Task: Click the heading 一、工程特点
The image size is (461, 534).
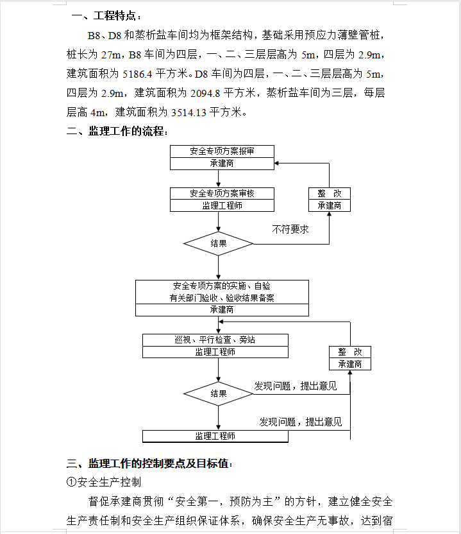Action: click(x=106, y=15)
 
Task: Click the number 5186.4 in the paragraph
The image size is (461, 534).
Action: click(x=137, y=74)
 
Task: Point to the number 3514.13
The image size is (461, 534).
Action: click(x=189, y=112)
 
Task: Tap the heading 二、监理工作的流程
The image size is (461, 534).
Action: click(x=117, y=131)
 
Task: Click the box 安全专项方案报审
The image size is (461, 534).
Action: click(x=222, y=151)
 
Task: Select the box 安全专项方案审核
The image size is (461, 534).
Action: click(x=222, y=193)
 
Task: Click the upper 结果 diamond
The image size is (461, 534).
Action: click(x=218, y=243)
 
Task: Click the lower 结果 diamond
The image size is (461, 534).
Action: click(x=218, y=393)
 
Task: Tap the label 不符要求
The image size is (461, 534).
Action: click(x=290, y=229)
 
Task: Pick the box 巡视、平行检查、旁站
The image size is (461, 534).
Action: click(x=215, y=340)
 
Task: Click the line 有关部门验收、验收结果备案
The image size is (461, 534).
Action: click(x=222, y=298)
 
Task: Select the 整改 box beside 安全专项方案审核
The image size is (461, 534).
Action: click(x=330, y=200)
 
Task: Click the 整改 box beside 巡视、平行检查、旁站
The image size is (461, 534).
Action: click(x=349, y=358)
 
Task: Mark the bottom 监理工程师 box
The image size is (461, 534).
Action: click(x=215, y=436)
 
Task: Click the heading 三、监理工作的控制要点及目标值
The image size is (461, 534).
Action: click(x=149, y=463)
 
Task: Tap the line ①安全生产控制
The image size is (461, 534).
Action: click(x=104, y=482)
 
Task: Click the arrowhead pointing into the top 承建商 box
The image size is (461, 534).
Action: click(x=276, y=164)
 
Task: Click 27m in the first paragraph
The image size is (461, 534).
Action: click(x=112, y=55)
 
